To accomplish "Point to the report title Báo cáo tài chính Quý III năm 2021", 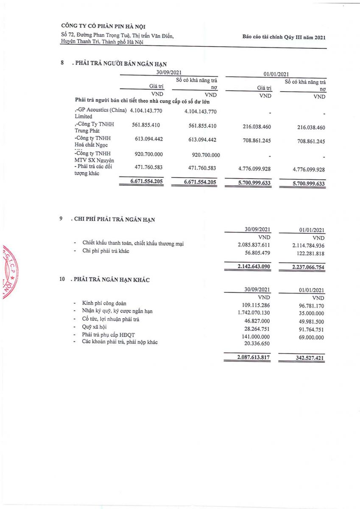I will tap(284, 37).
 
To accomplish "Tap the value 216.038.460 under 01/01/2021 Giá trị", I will tap(254, 127).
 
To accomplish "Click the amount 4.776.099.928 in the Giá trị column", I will tap(254, 168).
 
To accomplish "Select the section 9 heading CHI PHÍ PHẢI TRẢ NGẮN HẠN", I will tap(115, 219).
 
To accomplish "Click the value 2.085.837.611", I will tap(254, 245).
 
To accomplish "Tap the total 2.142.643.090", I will tap(254, 267).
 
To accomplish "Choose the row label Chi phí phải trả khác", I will tap(106, 251).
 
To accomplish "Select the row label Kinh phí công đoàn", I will tap(104, 303).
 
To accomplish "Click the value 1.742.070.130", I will tap(254, 313).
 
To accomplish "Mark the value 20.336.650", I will tap(257, 343).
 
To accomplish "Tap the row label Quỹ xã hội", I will tap(94, 327).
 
